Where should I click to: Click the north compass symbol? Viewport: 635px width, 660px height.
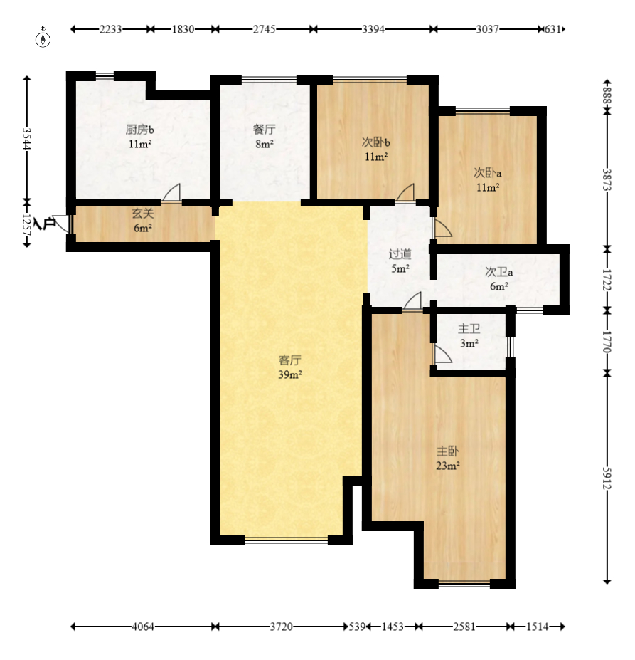[43, 38]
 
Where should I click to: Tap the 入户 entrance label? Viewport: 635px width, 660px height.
[44, 224]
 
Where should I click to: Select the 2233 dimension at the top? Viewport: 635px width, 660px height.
[111, 29]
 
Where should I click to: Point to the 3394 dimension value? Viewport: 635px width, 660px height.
[373, 29]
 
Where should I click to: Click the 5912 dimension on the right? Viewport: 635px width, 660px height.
[607, 478]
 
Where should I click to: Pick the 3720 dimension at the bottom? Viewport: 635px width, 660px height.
[281, 627]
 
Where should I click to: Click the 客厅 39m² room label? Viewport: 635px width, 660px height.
[289, 367]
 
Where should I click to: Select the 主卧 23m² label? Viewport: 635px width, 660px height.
[447, 459]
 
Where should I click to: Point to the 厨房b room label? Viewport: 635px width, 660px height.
[140, 130]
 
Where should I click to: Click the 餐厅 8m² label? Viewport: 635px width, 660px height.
[265, 137]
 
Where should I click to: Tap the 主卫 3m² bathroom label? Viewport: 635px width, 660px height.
[469, 336]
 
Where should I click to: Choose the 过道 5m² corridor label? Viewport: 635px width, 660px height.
[400, 261]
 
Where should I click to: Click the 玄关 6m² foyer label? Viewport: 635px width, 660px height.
[142, 221]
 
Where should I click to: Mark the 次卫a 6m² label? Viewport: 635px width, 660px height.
[499, 279]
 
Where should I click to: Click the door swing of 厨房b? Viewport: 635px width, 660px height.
[171, 193]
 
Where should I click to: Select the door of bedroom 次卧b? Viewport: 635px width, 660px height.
[405, 193]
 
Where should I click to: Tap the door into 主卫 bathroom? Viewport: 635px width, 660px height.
[442, 355]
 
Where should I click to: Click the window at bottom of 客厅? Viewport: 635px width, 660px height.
[287, 540]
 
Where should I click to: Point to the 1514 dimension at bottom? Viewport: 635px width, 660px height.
[537, 627]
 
